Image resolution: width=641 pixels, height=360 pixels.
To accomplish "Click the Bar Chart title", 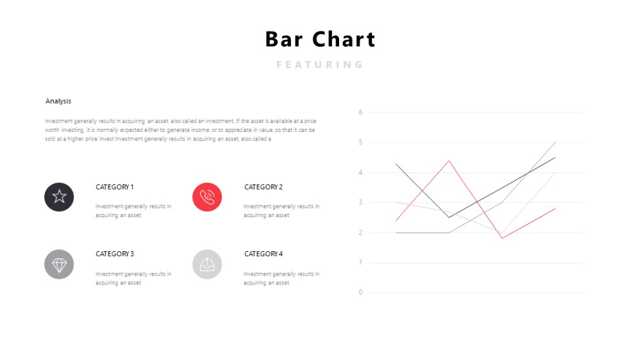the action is click(x=320, y=39).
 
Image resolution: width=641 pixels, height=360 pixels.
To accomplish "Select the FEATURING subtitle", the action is click(x=320, y=65).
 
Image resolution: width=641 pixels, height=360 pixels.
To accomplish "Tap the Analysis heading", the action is click(x=58, y=101).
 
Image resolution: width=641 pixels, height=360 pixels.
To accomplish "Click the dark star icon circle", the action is click(x=59, y=197).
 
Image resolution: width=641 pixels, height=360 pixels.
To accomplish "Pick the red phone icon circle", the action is click(x=207, y=197).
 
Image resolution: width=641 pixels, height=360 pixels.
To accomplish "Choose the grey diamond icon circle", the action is click(x=59, y=265).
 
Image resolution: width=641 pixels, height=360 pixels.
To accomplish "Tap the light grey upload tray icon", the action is click(x=207, y=265).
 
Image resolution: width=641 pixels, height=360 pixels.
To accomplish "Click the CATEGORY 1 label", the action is click(x=115, y=187).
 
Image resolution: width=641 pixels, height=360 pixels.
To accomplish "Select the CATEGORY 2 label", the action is click(x=263, y=187).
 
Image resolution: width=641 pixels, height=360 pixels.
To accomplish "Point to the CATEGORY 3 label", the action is click(x=115, y=254).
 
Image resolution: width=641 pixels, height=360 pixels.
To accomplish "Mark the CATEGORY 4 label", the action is click(x=263, y=254).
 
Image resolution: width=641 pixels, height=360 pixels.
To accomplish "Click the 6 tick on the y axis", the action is click(x=360, y=112).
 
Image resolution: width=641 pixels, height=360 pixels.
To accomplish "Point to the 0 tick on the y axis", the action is click(x=360, y=292).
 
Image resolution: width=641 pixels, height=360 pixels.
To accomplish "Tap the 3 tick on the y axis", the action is click(x=360, y=202).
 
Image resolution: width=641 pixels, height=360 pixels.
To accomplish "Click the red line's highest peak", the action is click(x=449, y=161).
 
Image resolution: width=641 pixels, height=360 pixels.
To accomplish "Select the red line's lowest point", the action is click(x=502, y=238).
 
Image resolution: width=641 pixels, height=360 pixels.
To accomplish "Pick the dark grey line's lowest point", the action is click(x=449, y=217).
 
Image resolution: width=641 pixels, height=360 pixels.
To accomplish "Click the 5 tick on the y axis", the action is click(x=360, y=142).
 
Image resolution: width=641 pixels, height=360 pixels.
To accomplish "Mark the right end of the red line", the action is click(x=555, y=208).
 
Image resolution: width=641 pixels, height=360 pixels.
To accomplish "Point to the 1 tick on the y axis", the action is click(x=360, y=262).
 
